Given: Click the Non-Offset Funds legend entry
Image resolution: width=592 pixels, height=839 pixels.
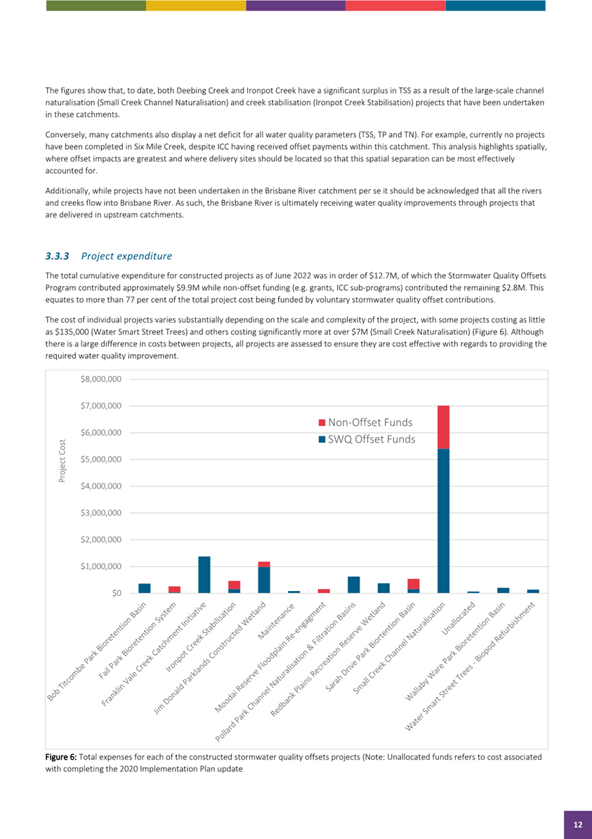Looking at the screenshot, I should [x=364, y=422].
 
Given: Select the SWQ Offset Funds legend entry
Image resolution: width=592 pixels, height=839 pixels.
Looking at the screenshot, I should [x=366, y=439].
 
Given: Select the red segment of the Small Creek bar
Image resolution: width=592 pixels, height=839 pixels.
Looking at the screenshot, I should [x=443, y=427].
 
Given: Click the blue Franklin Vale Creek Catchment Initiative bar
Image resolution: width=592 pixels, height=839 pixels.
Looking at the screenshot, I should [x=204, y=575].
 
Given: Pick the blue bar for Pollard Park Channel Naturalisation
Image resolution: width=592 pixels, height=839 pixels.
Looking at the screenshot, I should [x=354, y=585].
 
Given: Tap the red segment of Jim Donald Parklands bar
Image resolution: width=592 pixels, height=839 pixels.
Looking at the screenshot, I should [x=264, y=564].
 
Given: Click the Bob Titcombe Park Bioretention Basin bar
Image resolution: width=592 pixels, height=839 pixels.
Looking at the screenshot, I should [x=145, y=588].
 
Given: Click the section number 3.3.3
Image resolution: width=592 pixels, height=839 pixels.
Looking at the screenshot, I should [x=58, y=256].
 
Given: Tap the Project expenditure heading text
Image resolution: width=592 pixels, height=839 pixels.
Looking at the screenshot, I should [x=126, y=256].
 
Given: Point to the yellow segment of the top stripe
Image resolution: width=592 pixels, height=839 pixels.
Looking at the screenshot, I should [x=196, y=6].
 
